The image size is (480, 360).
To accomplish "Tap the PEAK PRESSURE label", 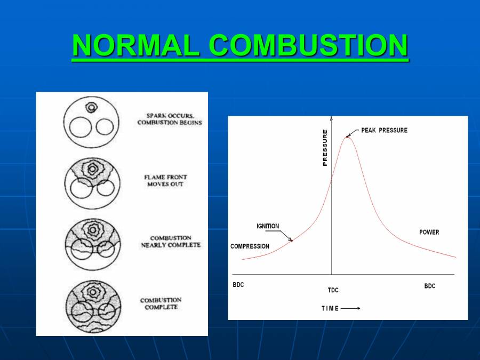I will (x=384, y=131).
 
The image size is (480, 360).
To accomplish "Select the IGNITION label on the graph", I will (x=267, y=226).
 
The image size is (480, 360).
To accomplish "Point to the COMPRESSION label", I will (x=250, y=246).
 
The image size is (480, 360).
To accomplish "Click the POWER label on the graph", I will (x=429, y=233).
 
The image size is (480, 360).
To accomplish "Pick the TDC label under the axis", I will (x=333, y=291).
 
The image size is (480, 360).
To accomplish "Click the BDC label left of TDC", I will (x=238, y=285).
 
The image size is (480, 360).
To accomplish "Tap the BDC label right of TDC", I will (x=430, y=286).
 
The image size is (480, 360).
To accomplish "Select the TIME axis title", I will (x=330, y=308).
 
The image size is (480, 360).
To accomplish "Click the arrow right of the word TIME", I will (x=350, y=308).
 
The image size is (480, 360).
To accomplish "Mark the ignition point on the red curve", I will (x=292, y=241).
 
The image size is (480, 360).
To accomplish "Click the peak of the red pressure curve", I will (x=348, y=137).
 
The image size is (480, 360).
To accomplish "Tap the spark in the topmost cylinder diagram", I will (x=92, y=108).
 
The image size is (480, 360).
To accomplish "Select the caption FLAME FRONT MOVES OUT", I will (x=165, y=180).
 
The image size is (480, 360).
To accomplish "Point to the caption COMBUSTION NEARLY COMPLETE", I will (x=171, y=242).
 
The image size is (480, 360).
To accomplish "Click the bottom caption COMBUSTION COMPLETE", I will (x=161, y=303).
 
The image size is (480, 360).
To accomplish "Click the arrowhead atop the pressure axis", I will (x=332, y=118).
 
